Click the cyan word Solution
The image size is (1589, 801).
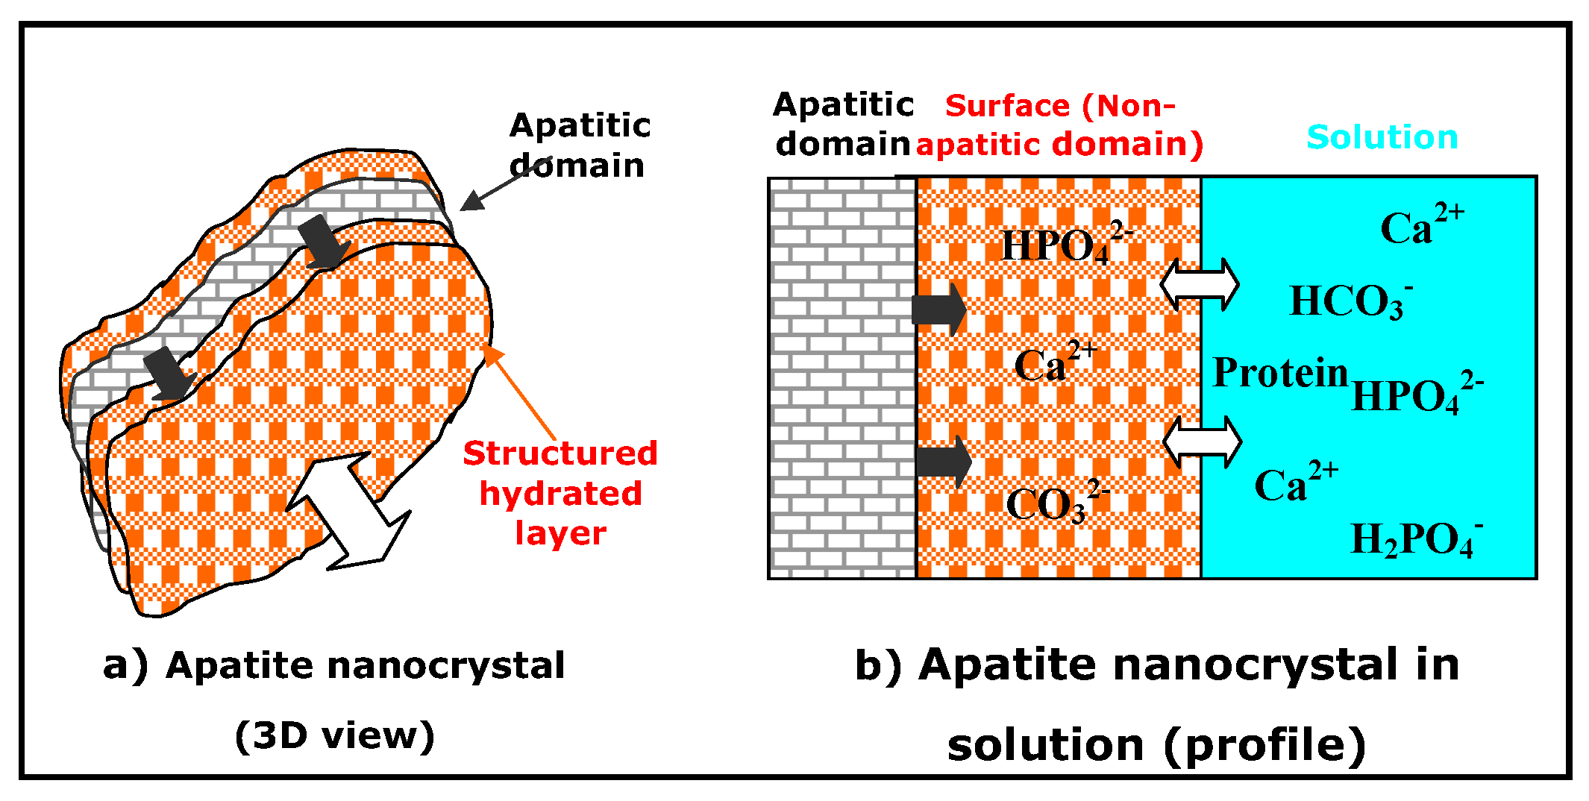(x=1382, y=138)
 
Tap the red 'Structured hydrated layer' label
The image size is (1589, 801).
(x=560, y=493)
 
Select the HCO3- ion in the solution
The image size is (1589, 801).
(x=1350, y=302)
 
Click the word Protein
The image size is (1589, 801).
(x=1280, y=372)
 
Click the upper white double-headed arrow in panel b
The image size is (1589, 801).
(x=1200, y=284)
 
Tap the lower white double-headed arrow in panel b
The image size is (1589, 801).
(x=1202, y=442)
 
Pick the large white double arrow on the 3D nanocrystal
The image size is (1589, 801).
(x=348, y=512)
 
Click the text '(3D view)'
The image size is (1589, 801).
(x=334, y=736)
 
